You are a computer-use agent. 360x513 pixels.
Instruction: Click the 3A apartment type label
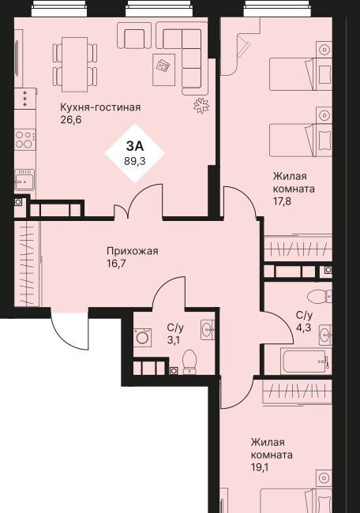[x=135, y=146]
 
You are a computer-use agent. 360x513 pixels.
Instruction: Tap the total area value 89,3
[x=135, y=161]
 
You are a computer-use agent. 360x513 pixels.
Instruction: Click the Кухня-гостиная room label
[x=100, y=107]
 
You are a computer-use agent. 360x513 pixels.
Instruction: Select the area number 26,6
[x=71, y=120]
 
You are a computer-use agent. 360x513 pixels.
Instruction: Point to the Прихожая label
[x=133, y=251]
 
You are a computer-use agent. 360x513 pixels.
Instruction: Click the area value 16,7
[x=116, y=264]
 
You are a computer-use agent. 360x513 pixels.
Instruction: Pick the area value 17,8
[x=282, y=201]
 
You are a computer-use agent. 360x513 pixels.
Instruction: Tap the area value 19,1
[x=260, y=467]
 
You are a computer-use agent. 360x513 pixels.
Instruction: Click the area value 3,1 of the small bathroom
[x=174, y=340]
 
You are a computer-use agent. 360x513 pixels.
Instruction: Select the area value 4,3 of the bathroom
[x=303, y=328]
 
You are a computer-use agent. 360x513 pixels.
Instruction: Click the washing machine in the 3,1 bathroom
[x=143, y=337]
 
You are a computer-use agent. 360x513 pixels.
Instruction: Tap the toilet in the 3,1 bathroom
[x=189, y=362]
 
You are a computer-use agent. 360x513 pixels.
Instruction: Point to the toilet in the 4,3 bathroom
[x=320, y=297]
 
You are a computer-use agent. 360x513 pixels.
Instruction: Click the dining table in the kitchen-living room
[x=75, y=65]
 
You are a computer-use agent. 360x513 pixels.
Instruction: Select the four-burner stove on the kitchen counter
[x=25, y=140]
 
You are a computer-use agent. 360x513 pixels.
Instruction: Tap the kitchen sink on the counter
[x=24, y=180]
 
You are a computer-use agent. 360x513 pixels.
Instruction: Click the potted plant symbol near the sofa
[x=201, y=106]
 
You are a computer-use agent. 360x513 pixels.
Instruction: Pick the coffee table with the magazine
[x=163, y=69]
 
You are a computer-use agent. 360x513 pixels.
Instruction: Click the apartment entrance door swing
[x=69, y=331]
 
